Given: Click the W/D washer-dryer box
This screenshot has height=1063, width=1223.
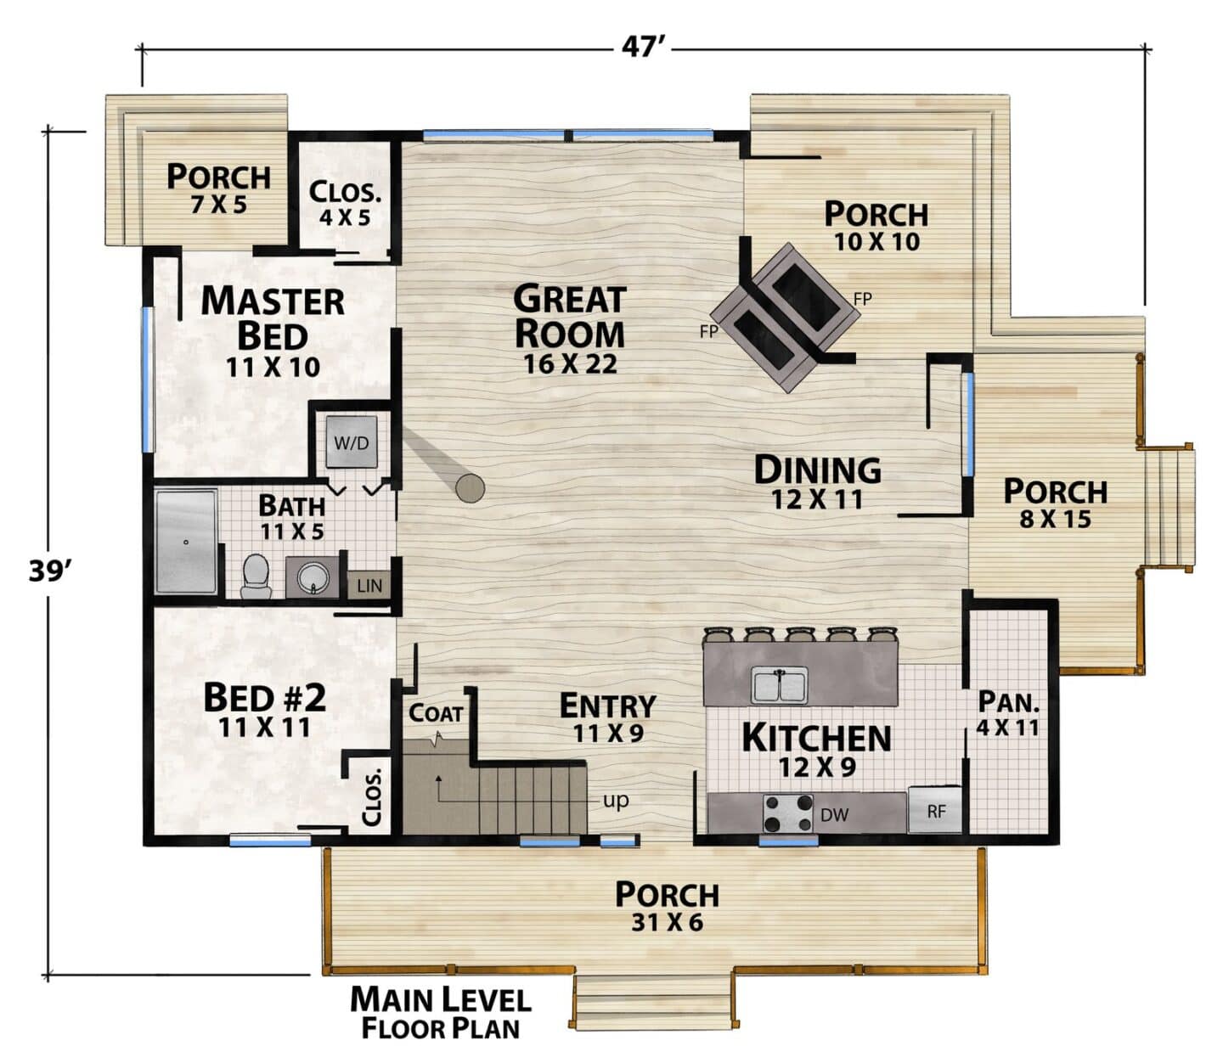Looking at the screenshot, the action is [x=352, y=442].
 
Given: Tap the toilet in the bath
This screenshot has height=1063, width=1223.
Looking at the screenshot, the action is [x=256, y=576].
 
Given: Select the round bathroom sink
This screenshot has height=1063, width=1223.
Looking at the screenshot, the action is [x=312, y=578].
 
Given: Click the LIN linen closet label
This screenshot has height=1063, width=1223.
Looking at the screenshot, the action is [x=369, y=586].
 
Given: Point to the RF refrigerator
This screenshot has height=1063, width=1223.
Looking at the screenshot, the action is [x=936, y=811].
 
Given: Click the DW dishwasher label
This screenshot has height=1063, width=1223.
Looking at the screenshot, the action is [x=835, y=814].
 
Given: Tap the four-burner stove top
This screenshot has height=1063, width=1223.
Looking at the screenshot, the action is [x=788, y=813].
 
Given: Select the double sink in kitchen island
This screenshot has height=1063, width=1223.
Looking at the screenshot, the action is [x=780, y=685].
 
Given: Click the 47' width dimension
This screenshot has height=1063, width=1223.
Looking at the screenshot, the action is [x=643, y=47].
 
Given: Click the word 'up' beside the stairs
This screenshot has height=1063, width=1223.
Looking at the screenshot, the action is [x=616, y=800].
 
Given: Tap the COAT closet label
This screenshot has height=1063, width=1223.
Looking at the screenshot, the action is [x=435, y=713].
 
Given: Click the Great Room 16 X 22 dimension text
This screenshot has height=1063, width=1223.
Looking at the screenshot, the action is [x=570, y=364].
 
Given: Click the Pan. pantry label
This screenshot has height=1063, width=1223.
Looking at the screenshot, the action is [x=1008, y=703].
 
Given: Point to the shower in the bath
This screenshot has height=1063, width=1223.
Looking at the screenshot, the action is [x=186, y=542].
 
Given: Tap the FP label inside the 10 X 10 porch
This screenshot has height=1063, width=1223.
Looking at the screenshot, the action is [x=862, y=299].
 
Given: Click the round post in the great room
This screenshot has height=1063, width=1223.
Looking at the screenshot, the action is [x=470, y=488].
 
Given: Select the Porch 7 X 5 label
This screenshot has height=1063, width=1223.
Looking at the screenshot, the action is [x=219, y=188].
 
